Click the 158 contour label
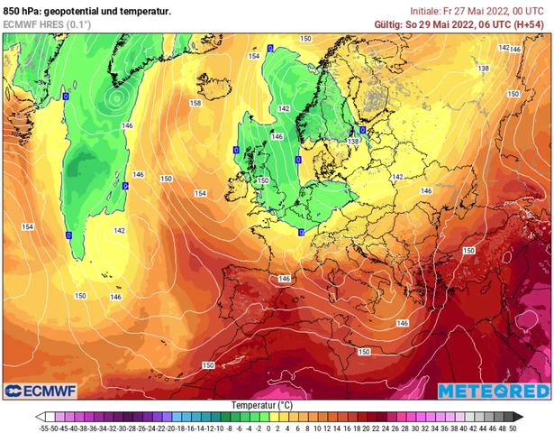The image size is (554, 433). [x=195, y=104]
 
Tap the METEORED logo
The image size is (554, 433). [x=493, y=391]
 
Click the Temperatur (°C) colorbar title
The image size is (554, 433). [x=277, y=405]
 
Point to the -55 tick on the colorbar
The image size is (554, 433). [x=42, y=428]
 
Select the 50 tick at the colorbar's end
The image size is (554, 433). [x=512, y=428]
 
